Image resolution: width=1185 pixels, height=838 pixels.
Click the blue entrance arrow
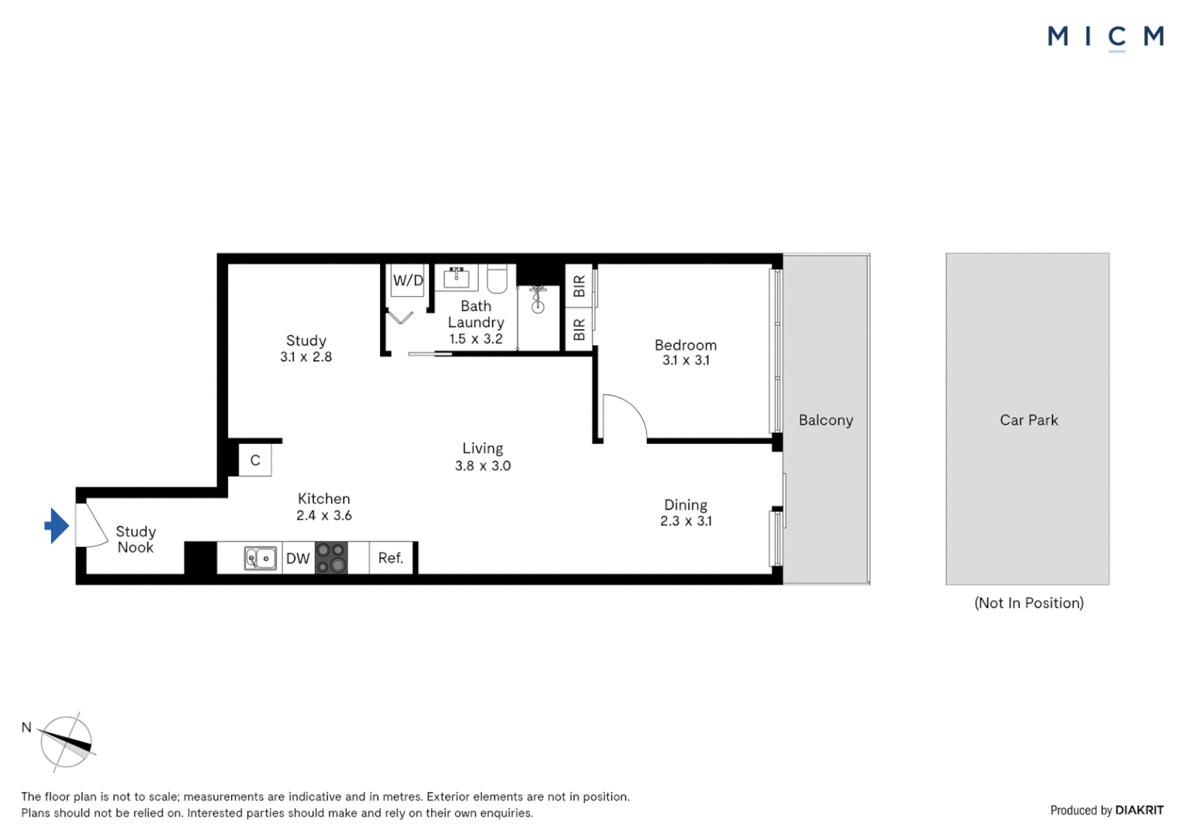57,526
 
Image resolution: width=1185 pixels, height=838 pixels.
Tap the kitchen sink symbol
261,559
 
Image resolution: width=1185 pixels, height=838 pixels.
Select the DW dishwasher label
298,559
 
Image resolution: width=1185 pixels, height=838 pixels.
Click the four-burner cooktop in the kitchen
331,558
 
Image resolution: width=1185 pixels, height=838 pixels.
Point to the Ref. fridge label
391,558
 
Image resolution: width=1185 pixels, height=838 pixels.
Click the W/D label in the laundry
408,280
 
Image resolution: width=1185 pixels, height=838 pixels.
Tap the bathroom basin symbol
456,276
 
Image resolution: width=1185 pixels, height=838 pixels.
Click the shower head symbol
538,300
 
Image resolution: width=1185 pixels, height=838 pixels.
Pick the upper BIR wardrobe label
579,286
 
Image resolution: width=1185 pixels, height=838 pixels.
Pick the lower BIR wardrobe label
579,330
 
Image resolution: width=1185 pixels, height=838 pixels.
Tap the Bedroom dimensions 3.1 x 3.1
686,360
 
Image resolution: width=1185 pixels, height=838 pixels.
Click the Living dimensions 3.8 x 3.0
482,466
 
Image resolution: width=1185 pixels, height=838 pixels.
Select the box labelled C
255,460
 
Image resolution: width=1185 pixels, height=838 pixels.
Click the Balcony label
826,420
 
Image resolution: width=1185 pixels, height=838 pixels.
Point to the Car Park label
1028,420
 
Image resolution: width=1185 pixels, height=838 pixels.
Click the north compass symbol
67,742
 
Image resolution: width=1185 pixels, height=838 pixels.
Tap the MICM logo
1105,36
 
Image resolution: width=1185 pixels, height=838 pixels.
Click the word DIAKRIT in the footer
1139,810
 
